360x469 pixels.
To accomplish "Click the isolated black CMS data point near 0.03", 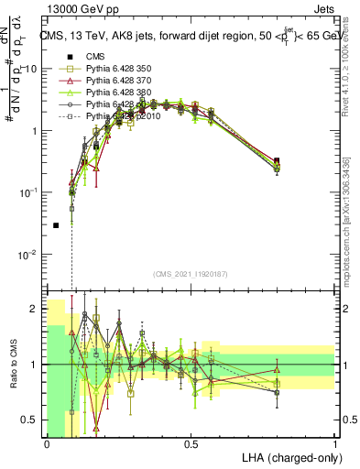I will [x=56, y=224].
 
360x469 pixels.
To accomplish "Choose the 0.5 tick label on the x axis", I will [x=191, y=442].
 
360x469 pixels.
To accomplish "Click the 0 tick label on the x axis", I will [x=47, y=442].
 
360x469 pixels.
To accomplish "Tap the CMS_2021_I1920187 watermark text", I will [x=191, y=273].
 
